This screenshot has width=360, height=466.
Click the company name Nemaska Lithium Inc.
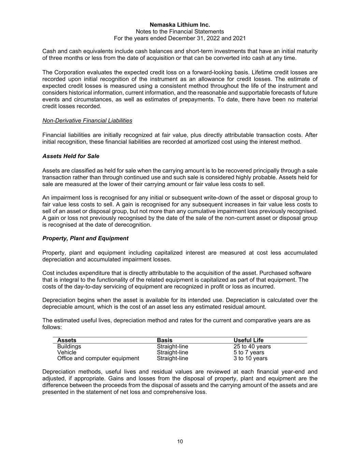pos(180,25)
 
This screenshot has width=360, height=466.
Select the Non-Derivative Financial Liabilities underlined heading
pos(87,121)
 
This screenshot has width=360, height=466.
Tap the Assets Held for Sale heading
pos(71,156)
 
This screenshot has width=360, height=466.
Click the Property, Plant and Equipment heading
pos(85,238)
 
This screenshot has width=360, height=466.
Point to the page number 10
pos(180,441)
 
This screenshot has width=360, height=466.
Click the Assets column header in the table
pos(67,340)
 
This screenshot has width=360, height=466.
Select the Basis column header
pos(164,340)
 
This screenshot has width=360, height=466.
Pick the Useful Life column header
pos(248,340)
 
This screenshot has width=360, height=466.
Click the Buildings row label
pos(69,347)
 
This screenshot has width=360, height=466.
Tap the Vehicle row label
pos(67,352)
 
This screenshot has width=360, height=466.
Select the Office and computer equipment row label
pos(98,358)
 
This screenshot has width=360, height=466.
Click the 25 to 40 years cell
pos(252,347)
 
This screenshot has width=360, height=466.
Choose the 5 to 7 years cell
pos(249,352)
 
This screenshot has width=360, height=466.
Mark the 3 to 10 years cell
pos(250,358)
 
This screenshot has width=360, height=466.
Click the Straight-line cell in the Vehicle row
pos(172,352)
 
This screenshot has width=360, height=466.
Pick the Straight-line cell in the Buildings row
pos(172,347)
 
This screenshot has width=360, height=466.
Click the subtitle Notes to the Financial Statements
pos(180,31)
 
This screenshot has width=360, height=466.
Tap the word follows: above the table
pos(52,327)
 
